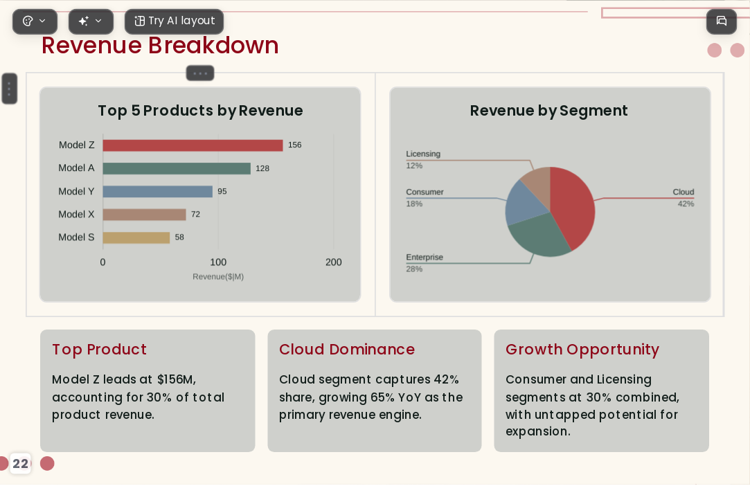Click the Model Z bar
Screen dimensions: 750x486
pyautogui.click(x=193, y=145)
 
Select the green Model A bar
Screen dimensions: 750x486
pyautogui.click(x=177, y=168)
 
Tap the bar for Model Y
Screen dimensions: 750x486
pyautogui.click(x=157, y=191)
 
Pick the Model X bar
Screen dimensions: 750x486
pyautogui.click(x=144, y=215)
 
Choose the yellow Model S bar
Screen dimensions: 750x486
pyautogui.click(x=136, y=237)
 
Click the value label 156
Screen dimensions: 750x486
pyautogui.click(x=294, y=145)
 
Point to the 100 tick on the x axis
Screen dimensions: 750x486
pyautogui.click(x=218, y=262)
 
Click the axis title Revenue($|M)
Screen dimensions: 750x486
pyautogui.click(x=218, y=276)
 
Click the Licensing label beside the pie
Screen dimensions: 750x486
pyautogui.click(x=423, y=154)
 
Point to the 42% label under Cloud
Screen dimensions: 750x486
pyautogui.click(x=686, y=204)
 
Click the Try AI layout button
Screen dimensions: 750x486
pyautogui.click(x=174, y=21)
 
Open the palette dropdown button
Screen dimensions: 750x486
pyautogui.click(x=35, y=21)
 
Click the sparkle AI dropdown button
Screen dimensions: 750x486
pyautogui.click(x=91, y=21)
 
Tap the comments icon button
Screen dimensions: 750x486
pyautogui.click(x=722, y=21)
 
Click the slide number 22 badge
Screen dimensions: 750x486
pyautogui.click(x=20, y=464)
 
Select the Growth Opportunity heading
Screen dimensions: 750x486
pyautogui.click(x=582, y=350)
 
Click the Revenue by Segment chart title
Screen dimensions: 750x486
pyautogui.click(x=548, y=111)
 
